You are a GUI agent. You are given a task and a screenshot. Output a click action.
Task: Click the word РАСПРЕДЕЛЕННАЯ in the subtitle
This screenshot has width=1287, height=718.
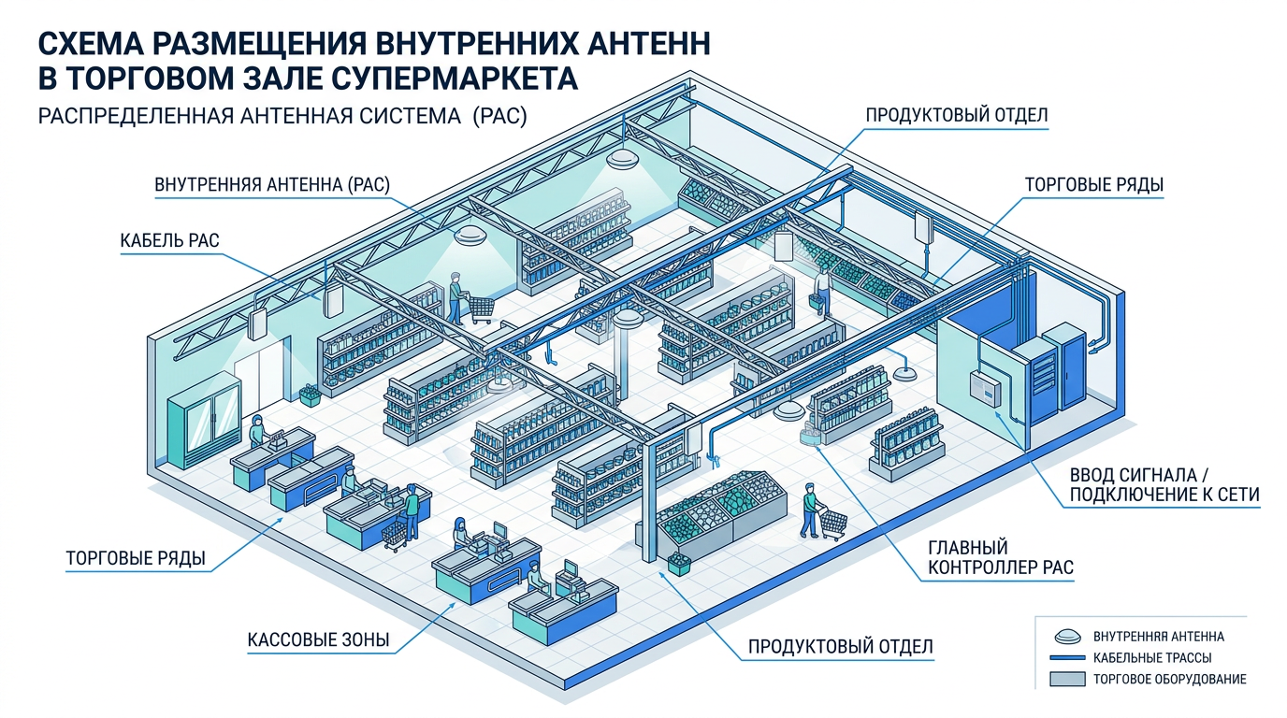click(x=126, y=118)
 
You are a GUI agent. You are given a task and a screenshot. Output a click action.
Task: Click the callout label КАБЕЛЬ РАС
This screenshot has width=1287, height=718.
click(x=169, y=241)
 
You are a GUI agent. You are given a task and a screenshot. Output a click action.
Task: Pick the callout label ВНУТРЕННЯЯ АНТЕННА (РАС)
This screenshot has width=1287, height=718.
click(x=271, y=185)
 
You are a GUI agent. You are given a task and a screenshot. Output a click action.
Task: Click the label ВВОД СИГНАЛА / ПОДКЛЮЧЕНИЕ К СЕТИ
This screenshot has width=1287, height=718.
click(x=1164, y=484)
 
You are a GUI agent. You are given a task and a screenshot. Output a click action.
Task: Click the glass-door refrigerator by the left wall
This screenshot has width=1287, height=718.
click(x=203, y=425)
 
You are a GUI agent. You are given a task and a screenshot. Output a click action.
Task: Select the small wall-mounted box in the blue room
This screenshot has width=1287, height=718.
click(x=983, y=385)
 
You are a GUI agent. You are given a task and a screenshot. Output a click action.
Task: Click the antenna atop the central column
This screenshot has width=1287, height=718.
click(x=626, y=321)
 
